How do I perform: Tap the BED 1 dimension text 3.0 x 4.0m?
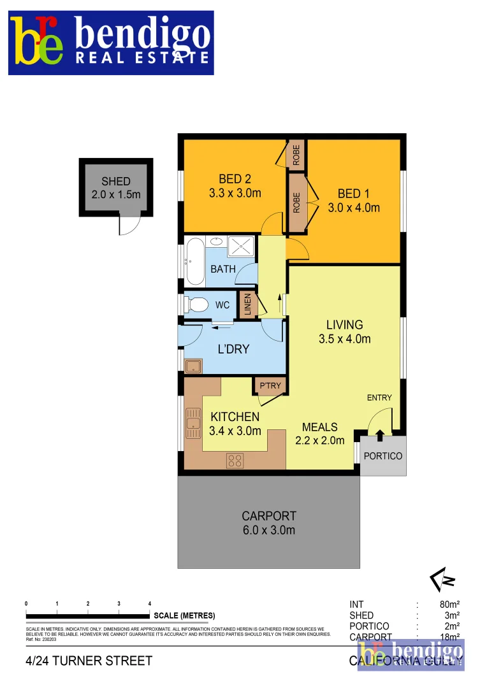coord(354,208)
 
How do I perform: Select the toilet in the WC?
coord(196,305)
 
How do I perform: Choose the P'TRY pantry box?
coord(271,386)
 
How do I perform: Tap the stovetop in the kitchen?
coord(235,459)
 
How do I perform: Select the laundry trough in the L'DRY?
coord(193,366)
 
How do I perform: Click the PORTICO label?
coord(382,456)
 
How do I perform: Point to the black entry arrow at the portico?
coord(380,436)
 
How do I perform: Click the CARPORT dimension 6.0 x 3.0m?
coord(268,530)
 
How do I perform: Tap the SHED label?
coord(115,182)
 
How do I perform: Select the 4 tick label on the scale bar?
coord(150,603)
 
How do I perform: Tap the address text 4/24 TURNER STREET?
coord(89,661)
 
